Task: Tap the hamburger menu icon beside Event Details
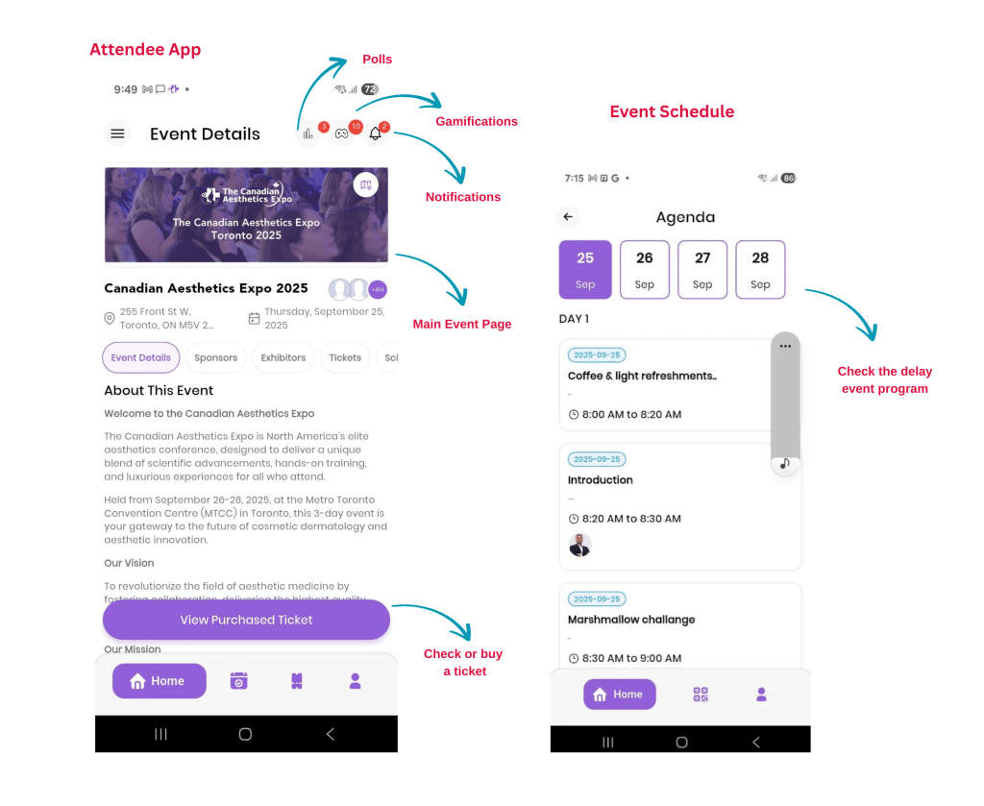tap(117, 134)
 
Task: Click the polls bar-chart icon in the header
tap(308, 134)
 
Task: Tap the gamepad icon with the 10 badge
tap(341, 134)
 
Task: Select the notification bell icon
tap(376, 134)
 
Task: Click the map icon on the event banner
tap(366, 185)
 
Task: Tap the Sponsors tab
tap(216, 357)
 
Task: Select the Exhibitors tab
tap(283, 357)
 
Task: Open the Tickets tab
tap(345, 357)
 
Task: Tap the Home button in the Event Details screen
tap(160, 680)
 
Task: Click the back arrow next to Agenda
tap(568, 217)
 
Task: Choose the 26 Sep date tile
tap(645, 270)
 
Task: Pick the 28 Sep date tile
tap(760, 270)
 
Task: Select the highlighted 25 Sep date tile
tap(585, 270)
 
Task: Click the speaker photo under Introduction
tap(579, 545)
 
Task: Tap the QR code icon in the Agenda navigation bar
tap(701, 695)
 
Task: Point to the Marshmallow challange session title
tap(631, 620)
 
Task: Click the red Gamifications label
tap(477, 122)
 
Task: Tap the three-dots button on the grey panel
tap(785, 346)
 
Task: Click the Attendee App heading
tap(145, 50)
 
